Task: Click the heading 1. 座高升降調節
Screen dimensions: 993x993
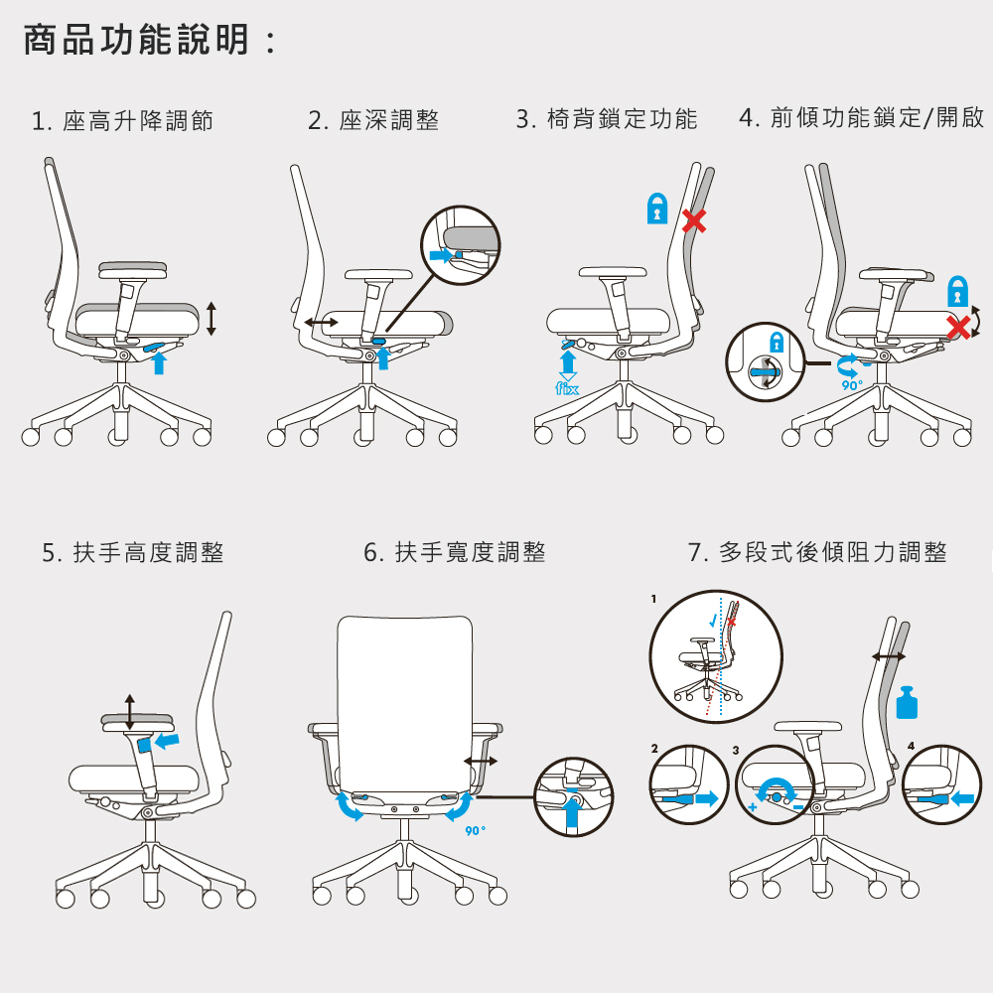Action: pyautogui.click(x=122, y=120)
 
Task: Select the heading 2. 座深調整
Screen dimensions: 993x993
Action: pyautogui.click(x=373, y=120)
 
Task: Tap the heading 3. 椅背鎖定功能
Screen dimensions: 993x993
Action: pyautogui.click(x=607, y=118)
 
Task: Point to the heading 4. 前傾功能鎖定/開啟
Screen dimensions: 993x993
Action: pyautogui.click(x=861, y=117)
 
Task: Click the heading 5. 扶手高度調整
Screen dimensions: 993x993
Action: pyautogui.click(x=133, y=552)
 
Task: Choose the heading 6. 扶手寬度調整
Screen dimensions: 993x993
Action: pyautogui.click(x=455, y=551)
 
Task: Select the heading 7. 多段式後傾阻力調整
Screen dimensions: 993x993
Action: pyautogui.click(x=817, y=551)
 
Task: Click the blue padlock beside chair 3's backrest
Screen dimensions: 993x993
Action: pyautogui.click(x=657, y=209)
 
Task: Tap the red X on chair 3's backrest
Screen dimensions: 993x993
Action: pyautogui.click(x=694, y=221)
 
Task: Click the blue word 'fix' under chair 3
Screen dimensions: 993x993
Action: pyautogui.click(x=567, y=388)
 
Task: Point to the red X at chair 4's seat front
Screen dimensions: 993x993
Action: pyautogui.click(x=959, y=327)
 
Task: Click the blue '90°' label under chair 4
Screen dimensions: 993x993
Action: pyautogui.click(x=852, y=385)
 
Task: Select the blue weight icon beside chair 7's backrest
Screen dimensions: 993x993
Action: pyautogui.click(x=907, y=702)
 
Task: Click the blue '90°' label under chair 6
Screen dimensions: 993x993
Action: pyautogui.click(x=476, y=830)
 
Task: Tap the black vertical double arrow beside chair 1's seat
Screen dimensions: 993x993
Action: pyautogui.click(x=212, y=319)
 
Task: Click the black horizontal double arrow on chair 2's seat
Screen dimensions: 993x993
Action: pyautogui.click(x=321, y=323)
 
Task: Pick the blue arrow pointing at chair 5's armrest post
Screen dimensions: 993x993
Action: pyautogui.click(x=167, y=740)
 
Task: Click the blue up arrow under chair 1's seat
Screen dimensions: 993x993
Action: pyautogui.click(x=159, y=362)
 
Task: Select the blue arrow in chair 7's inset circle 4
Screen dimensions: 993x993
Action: pyautogui.click(x=962, y=798)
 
